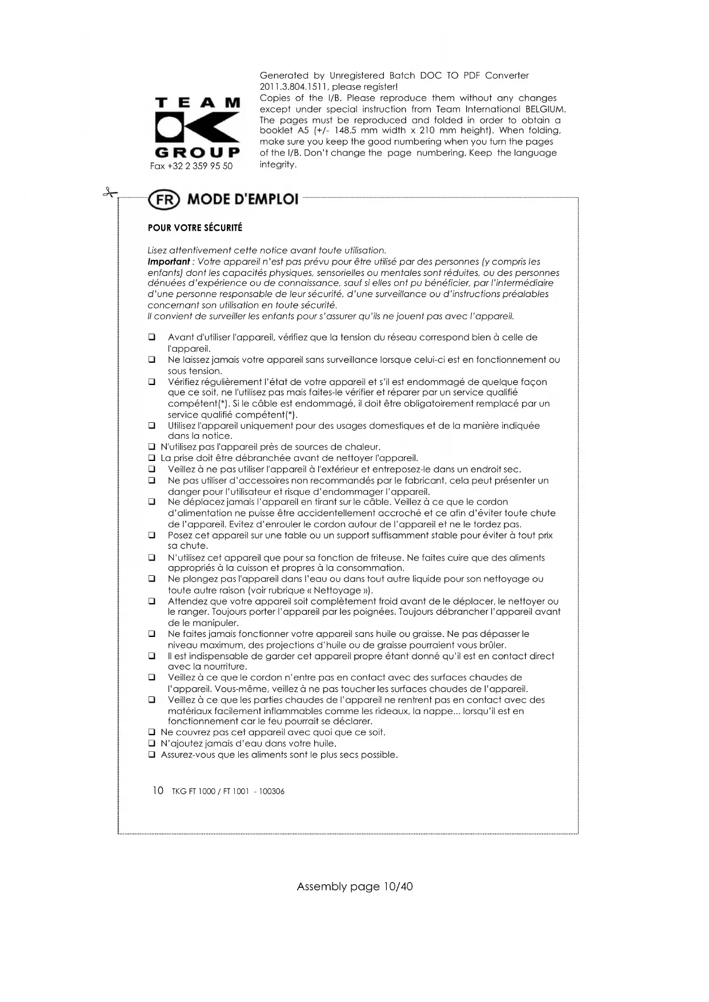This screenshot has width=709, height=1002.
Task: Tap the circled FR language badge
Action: [163, 200]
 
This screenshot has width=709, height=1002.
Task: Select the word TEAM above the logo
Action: [197, 103]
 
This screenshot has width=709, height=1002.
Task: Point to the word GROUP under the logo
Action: [197, 153]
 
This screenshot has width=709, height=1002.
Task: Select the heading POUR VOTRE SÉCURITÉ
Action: [195, 228]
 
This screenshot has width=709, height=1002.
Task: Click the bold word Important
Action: [168, 262]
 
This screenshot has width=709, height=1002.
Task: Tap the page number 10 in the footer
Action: [158, 791]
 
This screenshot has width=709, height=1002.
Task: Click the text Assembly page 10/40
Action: [354, 886]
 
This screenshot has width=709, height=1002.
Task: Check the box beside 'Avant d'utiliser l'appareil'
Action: [152, 338]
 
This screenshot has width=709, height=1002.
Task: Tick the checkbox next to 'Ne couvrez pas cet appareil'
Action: [152, 732]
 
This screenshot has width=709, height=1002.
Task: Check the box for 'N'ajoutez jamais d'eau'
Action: [152, 744]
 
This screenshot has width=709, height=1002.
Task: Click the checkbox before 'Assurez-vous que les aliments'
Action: [152, 755]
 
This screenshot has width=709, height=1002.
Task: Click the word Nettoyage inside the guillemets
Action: [338, 590]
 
